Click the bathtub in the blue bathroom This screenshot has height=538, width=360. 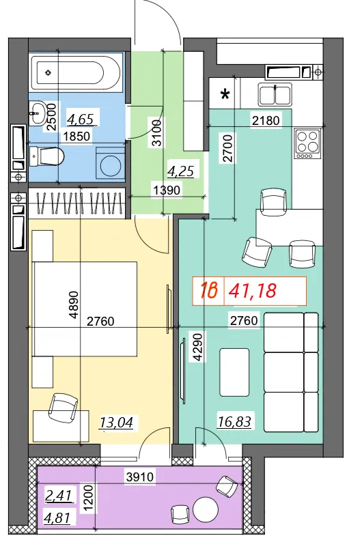[x=76, y=72]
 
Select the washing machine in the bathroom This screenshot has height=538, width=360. [x=110, y=163]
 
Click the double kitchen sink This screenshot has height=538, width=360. [x=275, y=95]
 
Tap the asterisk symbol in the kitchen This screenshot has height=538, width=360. [x=225, y=94]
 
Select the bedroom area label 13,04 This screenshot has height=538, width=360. [x=116, y=423]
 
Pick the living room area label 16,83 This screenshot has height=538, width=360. [x=234, y=421]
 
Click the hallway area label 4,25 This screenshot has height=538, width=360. [x=180, y=171]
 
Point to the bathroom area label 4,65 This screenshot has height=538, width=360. [x=81, y=119]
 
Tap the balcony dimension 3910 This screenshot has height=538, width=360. [x=140, y=477]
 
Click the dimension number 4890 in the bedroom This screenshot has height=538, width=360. [x=74, y=305]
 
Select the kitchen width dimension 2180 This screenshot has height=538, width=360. [x=266, y=120]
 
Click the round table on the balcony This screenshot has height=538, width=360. [x=206, y=509]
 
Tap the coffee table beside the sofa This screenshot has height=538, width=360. [x=234, y=372]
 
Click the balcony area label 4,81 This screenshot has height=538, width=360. [x=57, y=518]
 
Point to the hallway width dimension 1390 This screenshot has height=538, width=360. [x=167, y=190]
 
